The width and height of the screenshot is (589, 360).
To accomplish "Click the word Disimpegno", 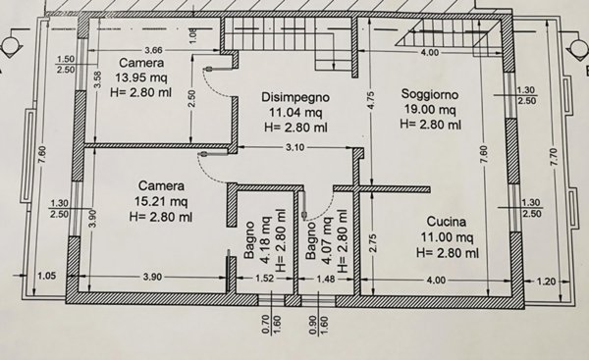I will tap(294, 98).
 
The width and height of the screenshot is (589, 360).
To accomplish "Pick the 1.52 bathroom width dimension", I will tap(264, 280).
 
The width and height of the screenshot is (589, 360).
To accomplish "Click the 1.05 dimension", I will tap(44, 277).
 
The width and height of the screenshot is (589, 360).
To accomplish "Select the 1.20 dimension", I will tap(548, 280).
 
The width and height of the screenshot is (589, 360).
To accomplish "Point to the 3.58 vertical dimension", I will tap(97, 80).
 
